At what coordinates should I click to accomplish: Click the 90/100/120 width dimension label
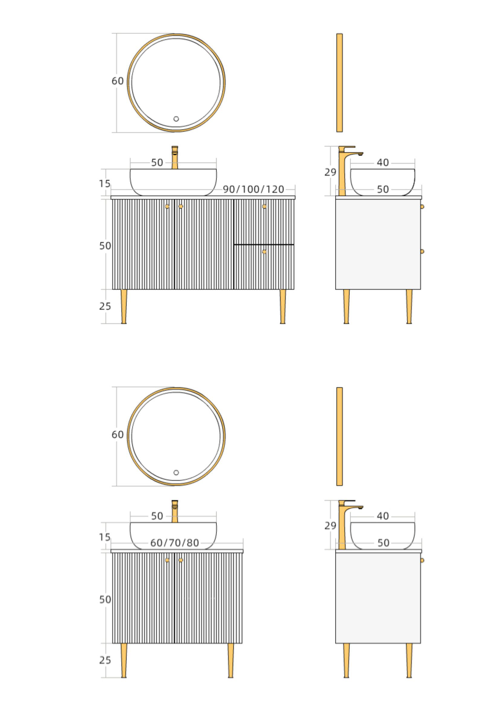[254, 189]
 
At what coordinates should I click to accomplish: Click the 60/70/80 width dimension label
[175, 543]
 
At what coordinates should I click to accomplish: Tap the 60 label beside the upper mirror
[118, 81]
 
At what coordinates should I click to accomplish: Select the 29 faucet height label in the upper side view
[330, 172]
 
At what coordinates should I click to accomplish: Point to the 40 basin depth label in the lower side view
[383, 516]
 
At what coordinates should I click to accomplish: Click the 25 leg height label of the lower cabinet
[105, 660]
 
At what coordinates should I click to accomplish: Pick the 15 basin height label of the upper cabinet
[105, 184]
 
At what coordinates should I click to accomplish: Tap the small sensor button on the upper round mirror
[176, 119]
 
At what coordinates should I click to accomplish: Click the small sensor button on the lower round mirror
[176, 473]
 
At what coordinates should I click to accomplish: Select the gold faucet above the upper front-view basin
[175, 158]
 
